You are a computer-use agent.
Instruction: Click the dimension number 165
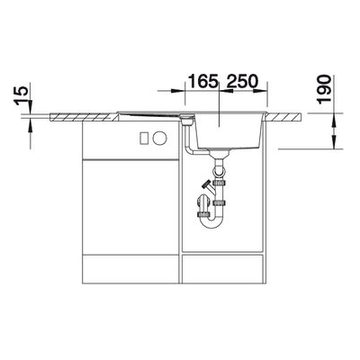(202, 81)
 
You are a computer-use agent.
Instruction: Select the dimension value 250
(242, 81)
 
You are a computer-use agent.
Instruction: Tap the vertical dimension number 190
(325, 90)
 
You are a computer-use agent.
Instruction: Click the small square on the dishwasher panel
(144, 138)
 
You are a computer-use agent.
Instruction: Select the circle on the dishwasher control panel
(159, 138)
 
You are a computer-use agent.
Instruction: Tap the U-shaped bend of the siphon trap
(211, 222)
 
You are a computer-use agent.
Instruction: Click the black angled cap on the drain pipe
(206, 184)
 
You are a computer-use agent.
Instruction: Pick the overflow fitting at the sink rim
(187, 118)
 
